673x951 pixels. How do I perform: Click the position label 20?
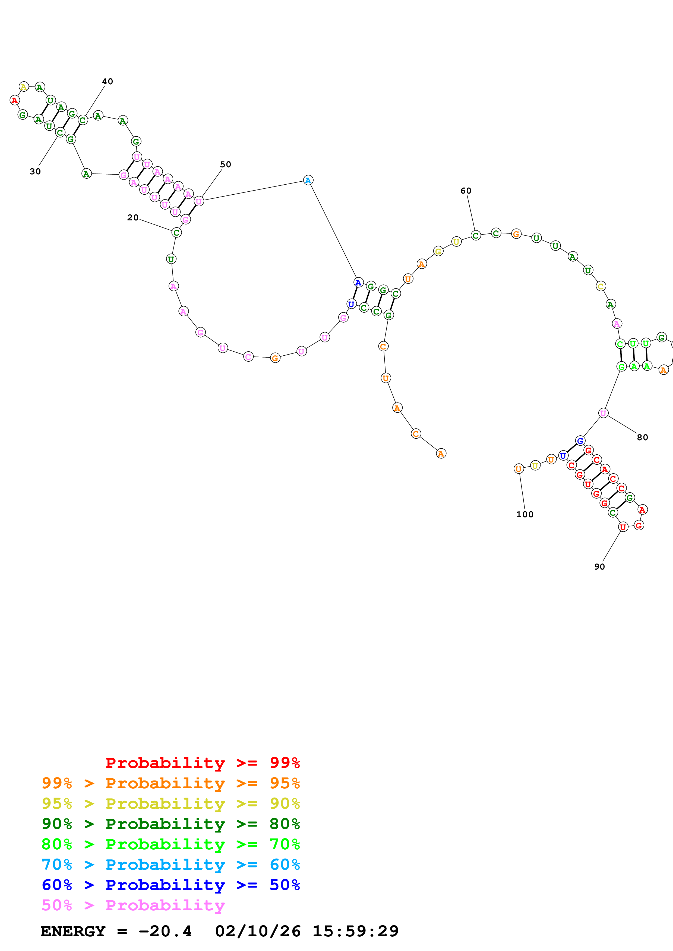133,217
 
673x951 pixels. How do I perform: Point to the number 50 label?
226,165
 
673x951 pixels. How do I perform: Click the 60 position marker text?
466,191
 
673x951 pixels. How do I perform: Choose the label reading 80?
642,437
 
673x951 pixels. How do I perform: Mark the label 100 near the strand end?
525,515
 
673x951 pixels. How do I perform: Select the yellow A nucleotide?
24,86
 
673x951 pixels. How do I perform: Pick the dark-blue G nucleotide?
580,441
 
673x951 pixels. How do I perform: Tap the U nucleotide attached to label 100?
518,469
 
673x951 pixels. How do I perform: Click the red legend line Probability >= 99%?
202,763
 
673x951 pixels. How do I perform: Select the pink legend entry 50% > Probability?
133,905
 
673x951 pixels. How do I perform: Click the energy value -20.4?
165,931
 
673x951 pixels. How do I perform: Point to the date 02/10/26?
258,931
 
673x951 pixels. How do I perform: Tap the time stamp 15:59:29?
355,931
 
